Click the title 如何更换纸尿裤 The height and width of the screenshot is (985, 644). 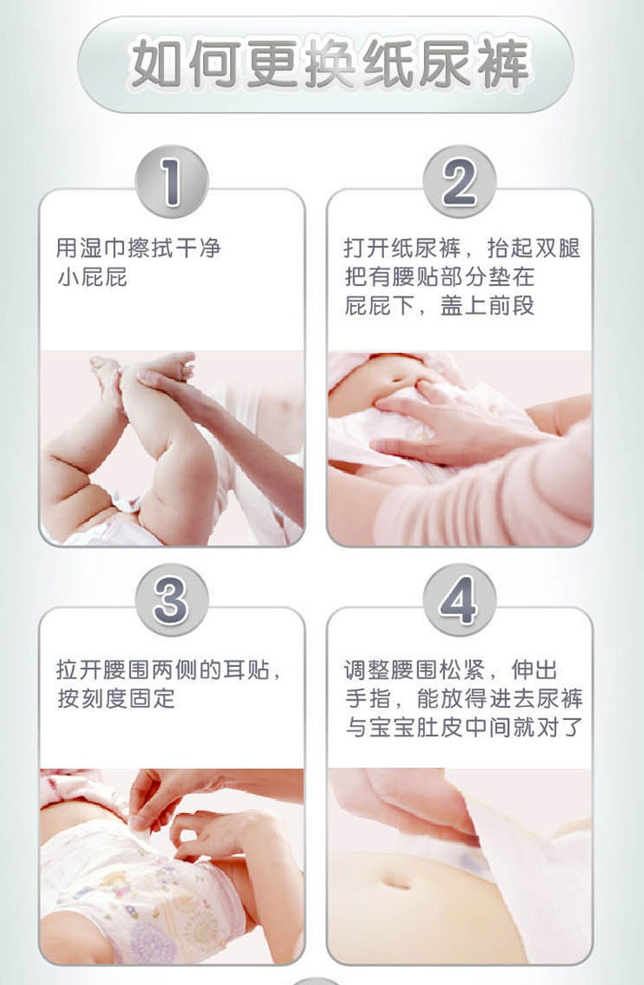[x=329, y=64]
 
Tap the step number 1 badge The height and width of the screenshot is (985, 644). [x=171, y=182]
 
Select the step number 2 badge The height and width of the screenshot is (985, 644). [x=460, y=182]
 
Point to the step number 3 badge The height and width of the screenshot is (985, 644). [x=171, y=600]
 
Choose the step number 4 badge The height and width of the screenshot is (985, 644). [x=460, y=600]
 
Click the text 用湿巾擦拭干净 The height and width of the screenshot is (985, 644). [x=139, y=248]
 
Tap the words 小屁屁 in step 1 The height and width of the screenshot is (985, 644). [x=92, y=277]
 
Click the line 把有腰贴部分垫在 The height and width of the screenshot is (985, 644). [x=439, y=277]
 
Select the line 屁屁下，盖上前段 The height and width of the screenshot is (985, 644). [x=439, y=306]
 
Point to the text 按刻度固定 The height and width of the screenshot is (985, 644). [x=116, y=698]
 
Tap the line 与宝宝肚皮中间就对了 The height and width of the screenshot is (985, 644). [x=464, y=727]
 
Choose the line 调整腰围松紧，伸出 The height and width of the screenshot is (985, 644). [x=451, y=670]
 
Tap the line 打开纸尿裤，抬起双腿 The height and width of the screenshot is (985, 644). [x=462, y=248]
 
